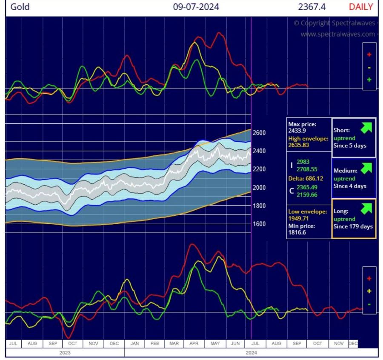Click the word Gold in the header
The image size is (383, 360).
coord(20,7)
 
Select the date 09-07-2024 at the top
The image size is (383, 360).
coord(196,7)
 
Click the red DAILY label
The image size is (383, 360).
coord(360,7)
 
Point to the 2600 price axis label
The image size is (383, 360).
coord(259,133)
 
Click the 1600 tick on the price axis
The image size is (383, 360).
coord(259,224)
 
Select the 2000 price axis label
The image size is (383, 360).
coord(259,188)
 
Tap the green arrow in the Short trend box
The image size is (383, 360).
coord(366,128)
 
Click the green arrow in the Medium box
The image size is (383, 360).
coord(366,168)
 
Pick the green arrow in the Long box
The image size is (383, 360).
coord(366,208)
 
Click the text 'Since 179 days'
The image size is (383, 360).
coord(353,226)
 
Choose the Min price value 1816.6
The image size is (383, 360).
coord(297,233)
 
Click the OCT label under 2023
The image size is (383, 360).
coord(73,343)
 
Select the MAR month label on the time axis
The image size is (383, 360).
coord(174,343)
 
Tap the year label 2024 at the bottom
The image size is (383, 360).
coord(251,353)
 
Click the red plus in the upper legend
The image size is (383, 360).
coord(369,54)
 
